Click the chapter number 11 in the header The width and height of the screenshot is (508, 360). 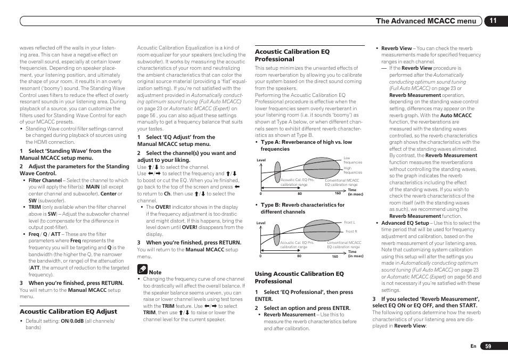tap(493, 21)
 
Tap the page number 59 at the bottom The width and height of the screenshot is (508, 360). tap(488, 346)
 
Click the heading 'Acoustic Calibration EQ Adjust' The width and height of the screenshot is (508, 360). tap(68, 311)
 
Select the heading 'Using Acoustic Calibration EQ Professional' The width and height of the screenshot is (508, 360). tap(299, 277)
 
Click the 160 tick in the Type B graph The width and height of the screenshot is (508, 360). tap(335, 256)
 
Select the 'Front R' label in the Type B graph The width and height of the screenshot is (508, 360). tap(351, 232)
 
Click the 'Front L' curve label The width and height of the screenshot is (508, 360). tap(349, 222)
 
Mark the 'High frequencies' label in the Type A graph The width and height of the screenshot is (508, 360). tap(351, 170)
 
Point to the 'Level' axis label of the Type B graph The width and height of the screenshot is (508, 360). tap(261, 223)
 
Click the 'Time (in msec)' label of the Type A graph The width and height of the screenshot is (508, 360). tap(355, 192)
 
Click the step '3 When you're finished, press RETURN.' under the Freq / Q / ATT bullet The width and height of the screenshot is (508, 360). tap(72, 283)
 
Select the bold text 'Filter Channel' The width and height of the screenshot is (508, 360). tap(45, 181)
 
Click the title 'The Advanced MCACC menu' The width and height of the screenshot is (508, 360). tap(426, 21)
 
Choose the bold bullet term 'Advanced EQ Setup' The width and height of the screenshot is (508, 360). tap(405, 223)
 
